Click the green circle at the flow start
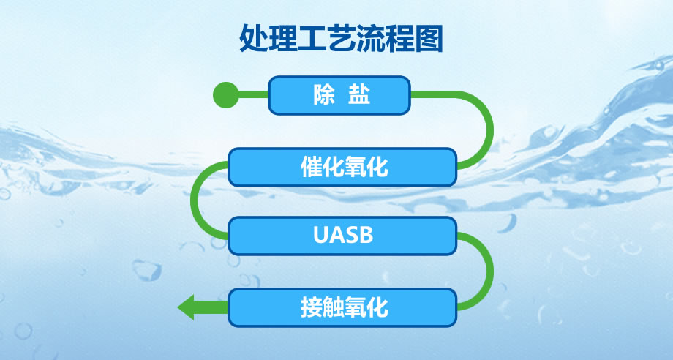tap(226, 95)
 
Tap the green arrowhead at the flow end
tap(186, 307)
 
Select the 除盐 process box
tap(339, 95)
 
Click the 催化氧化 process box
tap(342, 167)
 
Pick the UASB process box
tap(342, 236)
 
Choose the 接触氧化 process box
tap(342, 307)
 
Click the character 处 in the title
tap(253, 39)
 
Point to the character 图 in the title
tap(429, 39)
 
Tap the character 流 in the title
tap(370, 39)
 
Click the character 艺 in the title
tap(341, 39)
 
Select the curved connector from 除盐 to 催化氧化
tap(489, 129)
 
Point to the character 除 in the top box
tap(323, 95)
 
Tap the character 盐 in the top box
tap(359, 95)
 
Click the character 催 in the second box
tap(312, 167)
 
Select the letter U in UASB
tap(320, 235)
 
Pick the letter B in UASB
tap(366, 235)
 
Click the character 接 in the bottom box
tap(312, 307)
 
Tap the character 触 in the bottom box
tap(334, 307)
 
